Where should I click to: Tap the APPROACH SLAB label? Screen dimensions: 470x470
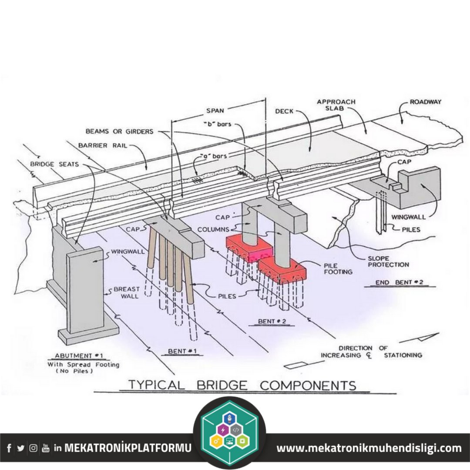click(336, 105)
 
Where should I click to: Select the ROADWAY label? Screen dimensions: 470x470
click(426, 102)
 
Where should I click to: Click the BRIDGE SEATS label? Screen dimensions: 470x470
click(55, 164)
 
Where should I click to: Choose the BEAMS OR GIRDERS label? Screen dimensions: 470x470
click(119, 131)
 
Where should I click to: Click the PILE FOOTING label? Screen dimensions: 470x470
click(337, 268)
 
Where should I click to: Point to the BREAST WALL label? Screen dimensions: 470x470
click(127, 292)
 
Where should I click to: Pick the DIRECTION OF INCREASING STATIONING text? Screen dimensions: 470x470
click(371, 352)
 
